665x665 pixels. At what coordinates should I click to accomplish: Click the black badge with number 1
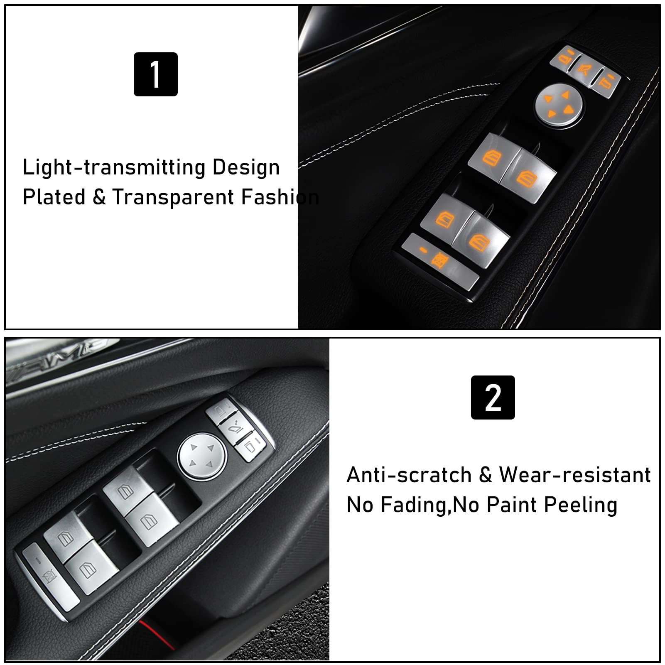(x=155, y=74)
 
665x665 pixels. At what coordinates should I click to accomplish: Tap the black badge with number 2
(x=493, y=398)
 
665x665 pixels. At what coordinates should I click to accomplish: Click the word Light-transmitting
(x=114, y=167)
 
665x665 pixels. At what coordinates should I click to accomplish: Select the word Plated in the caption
(x=54, y=197)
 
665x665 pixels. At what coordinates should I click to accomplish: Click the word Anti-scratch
(x=409, y=475)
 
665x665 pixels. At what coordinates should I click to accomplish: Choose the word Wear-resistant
(x=574, y=475)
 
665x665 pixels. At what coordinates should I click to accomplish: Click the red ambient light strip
(x=158, y=636)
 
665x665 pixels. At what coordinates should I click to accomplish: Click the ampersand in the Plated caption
(x=99, y=197)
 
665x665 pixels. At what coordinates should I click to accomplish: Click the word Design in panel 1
(x=246, y=167)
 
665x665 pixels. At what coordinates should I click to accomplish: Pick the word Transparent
(x=173, y=197)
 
